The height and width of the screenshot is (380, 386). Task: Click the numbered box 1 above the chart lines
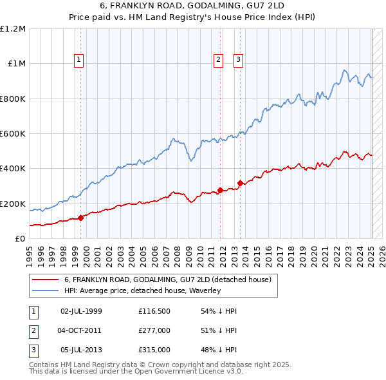click(x=79, y=60)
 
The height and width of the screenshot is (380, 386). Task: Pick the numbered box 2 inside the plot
click(x=219, y=60)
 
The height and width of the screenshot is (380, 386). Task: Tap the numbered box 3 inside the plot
click(x=238, y=60)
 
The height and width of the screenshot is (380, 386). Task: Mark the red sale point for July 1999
click(x=81, y=218)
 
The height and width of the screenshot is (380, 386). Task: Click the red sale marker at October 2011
click(x=220, y=190)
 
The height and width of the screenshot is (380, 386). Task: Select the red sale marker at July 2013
click(x=240, y=184)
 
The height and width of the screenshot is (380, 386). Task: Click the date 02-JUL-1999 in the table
click(x=81, y=311)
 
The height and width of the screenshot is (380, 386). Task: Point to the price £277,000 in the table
click(x=154, y=330)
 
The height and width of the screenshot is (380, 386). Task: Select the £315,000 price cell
click(x=154, y=350)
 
